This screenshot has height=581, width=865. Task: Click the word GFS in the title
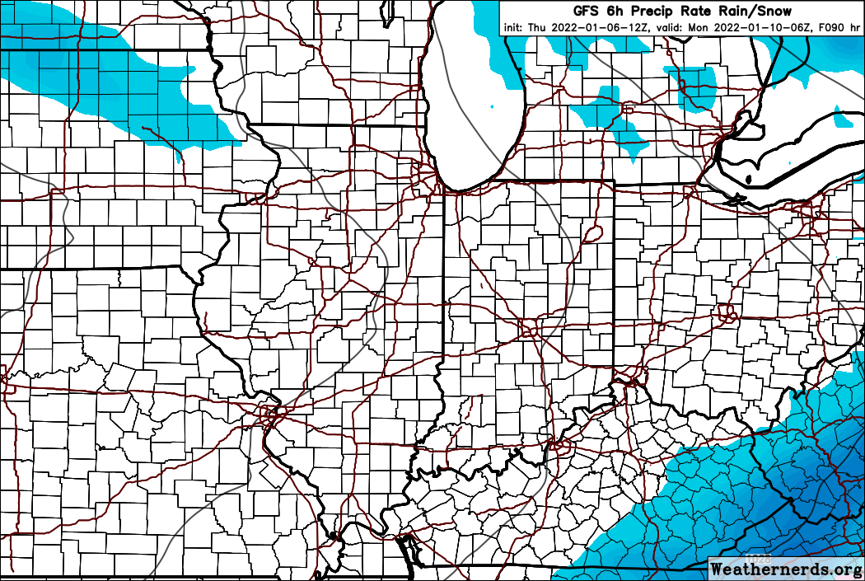(x=587, y=11)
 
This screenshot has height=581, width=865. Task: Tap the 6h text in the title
(x=615, y=11)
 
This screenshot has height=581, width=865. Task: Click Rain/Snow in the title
(x=755, y=11)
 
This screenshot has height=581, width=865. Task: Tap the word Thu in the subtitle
(x=537, y=27)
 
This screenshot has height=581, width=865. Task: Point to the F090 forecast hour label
(x=830, y=27)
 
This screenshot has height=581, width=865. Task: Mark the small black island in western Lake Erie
(x=748, y=179)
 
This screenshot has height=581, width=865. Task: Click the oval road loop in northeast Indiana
(x=591, y=236)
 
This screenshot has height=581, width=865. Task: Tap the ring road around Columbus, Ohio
(x=726, y=313)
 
